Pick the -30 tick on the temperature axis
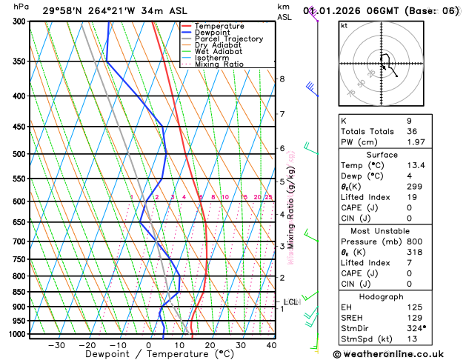tap(56, 345)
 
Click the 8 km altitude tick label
tap(282, 79)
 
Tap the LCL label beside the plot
tap(290, 301)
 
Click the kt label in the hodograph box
tap(344, 26)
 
